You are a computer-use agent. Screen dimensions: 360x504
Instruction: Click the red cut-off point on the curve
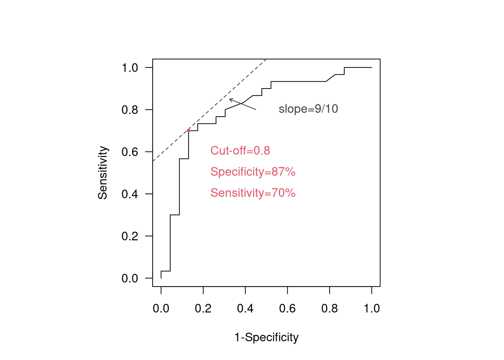[189, 130]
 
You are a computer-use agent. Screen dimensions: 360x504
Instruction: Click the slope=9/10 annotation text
[308, 109]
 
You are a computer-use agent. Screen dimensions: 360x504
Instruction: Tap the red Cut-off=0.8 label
[240, 150]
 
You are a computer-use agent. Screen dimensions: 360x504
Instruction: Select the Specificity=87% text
[253, 171]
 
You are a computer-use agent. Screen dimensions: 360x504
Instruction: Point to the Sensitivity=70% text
[253, 193]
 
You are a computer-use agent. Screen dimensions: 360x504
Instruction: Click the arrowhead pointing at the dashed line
[230, 99]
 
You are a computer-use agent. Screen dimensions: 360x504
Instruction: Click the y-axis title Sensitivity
[102, 172]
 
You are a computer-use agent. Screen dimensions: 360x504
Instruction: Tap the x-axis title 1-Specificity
[266, 337]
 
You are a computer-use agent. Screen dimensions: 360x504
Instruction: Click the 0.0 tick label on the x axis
[161, 308]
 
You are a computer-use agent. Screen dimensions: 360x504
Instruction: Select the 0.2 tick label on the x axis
[203, 308]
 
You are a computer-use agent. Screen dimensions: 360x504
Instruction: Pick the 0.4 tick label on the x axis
[245, 308]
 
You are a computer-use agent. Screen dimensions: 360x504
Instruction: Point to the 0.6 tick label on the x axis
[287, 308]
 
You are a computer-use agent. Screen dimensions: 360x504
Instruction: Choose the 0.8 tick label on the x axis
[330, 308]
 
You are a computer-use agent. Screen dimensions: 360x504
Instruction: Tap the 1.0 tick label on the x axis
[372, 308]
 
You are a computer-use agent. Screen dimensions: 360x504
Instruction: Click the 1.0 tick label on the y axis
[130, 68]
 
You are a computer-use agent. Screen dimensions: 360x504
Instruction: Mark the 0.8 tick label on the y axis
[130, 110]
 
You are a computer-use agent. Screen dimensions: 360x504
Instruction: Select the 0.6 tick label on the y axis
[130, 152]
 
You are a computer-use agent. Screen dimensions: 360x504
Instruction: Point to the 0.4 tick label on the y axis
[130, 194]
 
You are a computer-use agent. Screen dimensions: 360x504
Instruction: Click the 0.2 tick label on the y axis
[130, 236]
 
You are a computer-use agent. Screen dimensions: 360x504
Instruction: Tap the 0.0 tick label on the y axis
[130, 278]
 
